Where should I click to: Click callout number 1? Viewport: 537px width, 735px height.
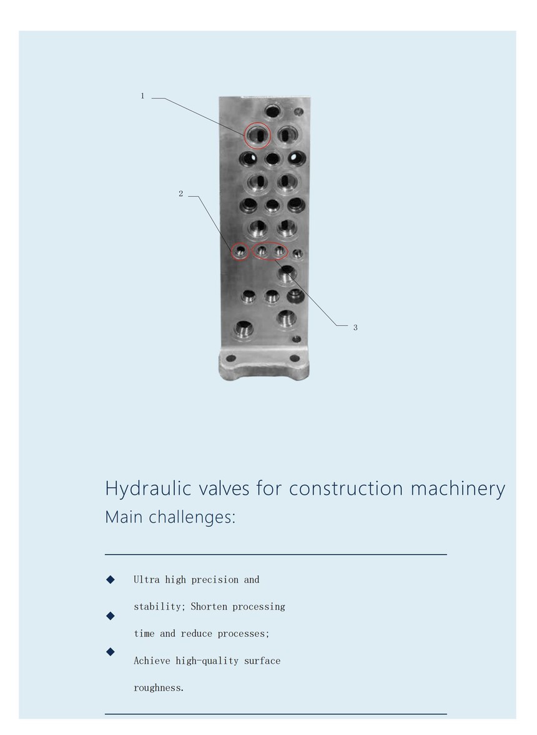pos(142,96)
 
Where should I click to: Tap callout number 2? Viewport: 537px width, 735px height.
pos(181,194)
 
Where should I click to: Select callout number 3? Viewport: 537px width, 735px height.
pos(355,328)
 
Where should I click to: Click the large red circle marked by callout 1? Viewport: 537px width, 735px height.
pos(245,136)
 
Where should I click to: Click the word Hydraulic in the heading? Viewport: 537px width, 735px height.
pos(148,489)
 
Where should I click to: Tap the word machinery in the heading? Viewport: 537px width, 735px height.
pos(458,488)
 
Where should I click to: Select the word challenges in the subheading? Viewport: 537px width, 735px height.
pos(192,517)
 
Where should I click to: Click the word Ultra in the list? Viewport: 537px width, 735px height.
pos(147,580)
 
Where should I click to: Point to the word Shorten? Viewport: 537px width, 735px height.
pos(209,606)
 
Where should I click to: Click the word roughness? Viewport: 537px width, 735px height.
pos(159,688)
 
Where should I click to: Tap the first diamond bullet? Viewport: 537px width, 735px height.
pos(111,580)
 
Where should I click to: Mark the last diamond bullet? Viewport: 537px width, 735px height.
pos(111,651)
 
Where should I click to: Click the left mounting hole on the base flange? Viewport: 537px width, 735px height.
pos(231,358)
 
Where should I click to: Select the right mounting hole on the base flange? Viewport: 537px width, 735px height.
pos(295,358)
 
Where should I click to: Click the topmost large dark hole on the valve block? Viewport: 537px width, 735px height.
pos(272,112)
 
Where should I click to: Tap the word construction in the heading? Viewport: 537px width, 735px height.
pos(346,489)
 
